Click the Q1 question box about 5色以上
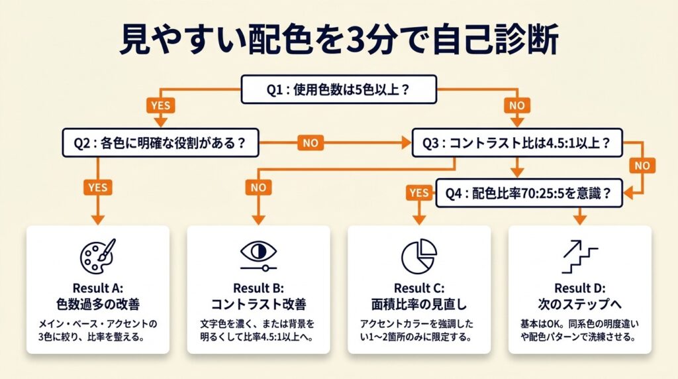tap(338, 90)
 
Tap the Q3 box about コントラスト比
tap(517, 142)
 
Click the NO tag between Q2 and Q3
tap(311, 142)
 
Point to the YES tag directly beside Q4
tap(418, 193)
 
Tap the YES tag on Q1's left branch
tap(161, 106)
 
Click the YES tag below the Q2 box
tap(97, 188)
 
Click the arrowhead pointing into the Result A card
tap(97, 219)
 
